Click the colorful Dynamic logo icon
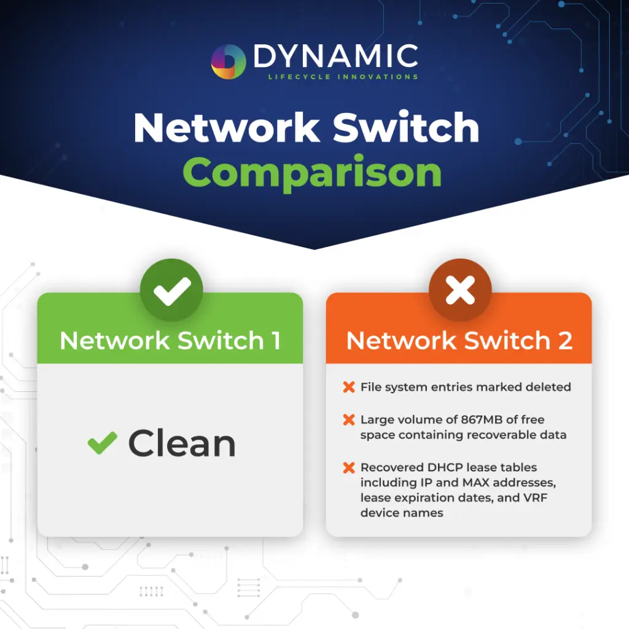tap(229, 62)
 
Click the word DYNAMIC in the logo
tap(335, 57)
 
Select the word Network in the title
tap(227, 128)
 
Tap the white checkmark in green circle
tap(171, 291)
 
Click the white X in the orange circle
tap(460, 291)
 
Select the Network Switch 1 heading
tap(170, 340)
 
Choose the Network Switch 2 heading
tap(459, 340)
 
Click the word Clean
tap(182, 443)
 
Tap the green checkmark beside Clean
tap(103, 442)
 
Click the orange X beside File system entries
tap(348, 387)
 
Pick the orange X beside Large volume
tap(348, 420)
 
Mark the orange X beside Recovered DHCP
tap(348, 468)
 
